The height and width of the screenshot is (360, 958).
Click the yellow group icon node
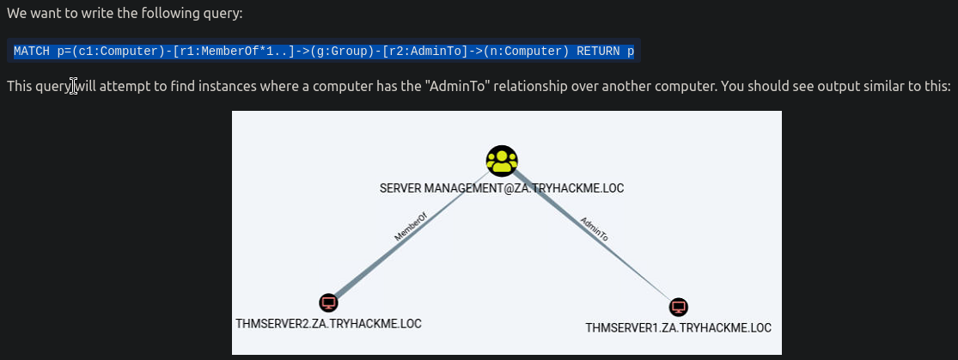pos(502,161)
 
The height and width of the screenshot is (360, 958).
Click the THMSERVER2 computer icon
pos(328,302)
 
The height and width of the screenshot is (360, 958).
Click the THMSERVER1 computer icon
pos(679,307)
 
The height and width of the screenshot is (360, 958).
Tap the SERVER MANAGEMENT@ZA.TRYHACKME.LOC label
pos(501,188)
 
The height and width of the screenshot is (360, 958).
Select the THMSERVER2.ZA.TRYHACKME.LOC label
pos(328,324)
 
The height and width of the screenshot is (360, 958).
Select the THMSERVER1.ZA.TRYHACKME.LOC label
pos(678,327)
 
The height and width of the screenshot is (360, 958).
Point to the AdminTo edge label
pos(595,234)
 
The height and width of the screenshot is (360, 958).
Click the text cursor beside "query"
pos(74,87)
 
